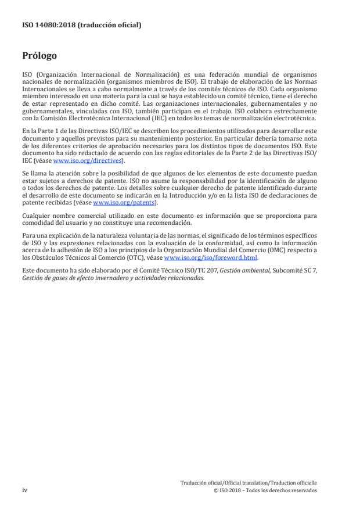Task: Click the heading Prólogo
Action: click(39, 56)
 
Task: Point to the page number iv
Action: click(25, 490)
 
